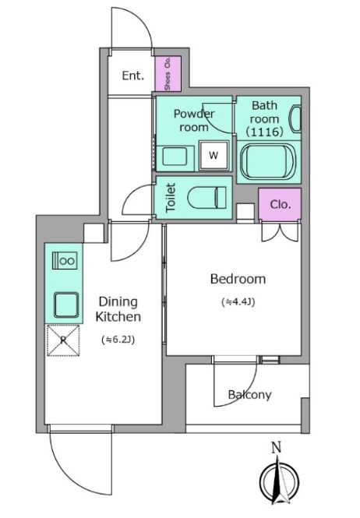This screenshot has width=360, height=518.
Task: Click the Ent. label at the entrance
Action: (x=133, y=76)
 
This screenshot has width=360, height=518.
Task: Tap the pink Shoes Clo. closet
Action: (x=168, y=74)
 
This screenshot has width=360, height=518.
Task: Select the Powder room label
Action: (x=194, y=120)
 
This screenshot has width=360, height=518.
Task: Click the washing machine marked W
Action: (x=214, y=155)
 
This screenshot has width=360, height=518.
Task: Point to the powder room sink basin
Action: (x=175, y=157)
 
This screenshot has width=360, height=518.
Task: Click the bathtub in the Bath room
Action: (x=267, y=162)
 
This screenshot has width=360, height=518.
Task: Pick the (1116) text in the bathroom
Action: (x=265, y=132)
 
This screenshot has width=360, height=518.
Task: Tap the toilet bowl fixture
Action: (x=207, y=198)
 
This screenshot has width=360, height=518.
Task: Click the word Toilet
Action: (x=170, y=198)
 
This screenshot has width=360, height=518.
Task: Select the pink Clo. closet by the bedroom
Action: (x=280, y=204)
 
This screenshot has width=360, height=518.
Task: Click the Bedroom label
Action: (x=238, y=279)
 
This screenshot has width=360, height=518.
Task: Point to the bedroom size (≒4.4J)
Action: (x=238, y=302)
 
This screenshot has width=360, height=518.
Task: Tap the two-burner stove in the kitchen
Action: (x=65, y=261)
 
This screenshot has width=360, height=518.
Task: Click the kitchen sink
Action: (x=66, y=305)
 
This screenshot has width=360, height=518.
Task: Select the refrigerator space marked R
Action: (x=63, y=340)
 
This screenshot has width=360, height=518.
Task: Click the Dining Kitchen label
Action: (x=118, y=309)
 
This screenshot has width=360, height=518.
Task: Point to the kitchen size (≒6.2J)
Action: (x=118, y=340)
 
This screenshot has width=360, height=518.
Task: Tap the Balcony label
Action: (x=249, y=394)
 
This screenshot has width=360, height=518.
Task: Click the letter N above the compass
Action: (x=277, y=448)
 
